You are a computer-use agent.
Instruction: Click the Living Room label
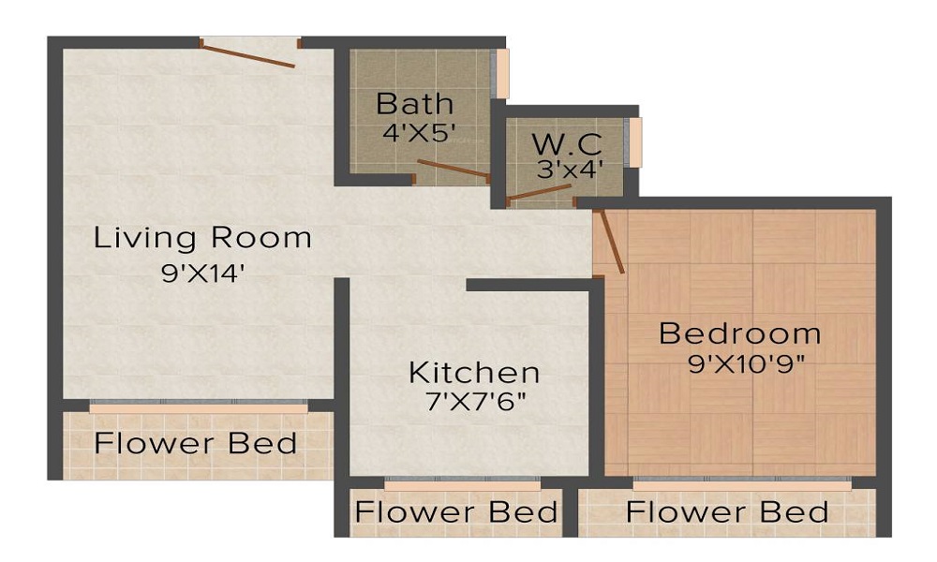click(x=202, y=238)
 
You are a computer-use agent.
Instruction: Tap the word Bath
click(x=414, y=102)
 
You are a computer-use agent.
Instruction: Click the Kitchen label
click(x=474, y=372)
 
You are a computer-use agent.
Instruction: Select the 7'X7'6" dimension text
click(x=474, y=403)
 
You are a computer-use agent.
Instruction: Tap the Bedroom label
click(x=740, y=333)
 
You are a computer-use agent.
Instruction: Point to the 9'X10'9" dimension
click(x=748, y=363)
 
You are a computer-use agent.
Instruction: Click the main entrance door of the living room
click(x=249, y=53)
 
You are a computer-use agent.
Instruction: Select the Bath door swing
click(x=453, y=169)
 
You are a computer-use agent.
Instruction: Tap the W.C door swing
click(x=539, y=194)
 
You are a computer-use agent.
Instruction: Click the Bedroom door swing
click(x=611, y=241)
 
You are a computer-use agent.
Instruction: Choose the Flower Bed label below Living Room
click(x=196, y=443)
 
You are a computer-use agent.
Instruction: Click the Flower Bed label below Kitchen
click(x=456, y=512)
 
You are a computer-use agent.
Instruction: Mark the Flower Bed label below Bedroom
click(x=727, y=512)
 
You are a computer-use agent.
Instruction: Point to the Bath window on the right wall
click(x=502, y=72)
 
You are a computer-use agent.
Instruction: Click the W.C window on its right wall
click(x=636, y=142)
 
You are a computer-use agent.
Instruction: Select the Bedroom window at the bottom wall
click(x=741, y=484)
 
